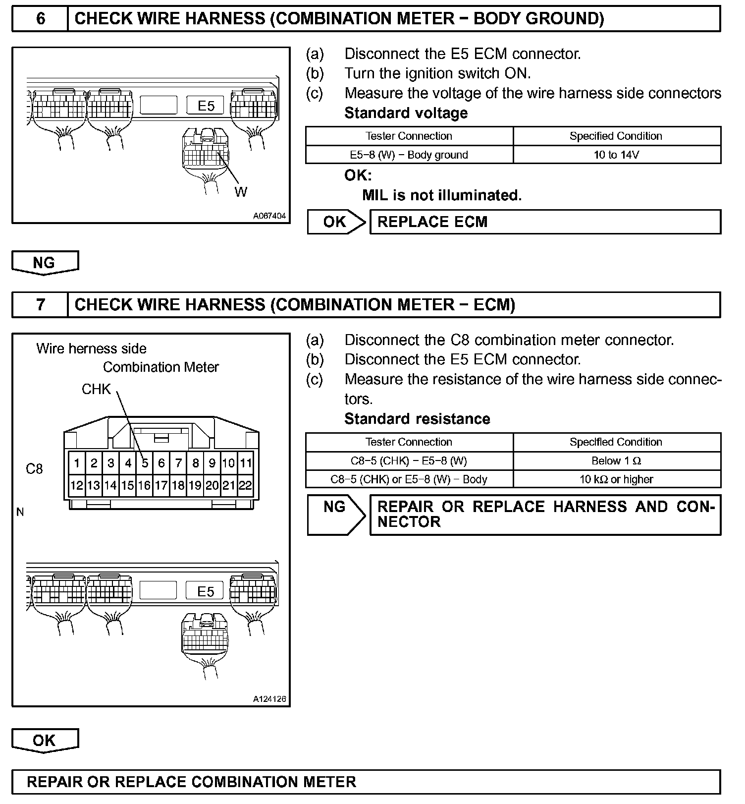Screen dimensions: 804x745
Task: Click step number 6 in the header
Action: point(41,19)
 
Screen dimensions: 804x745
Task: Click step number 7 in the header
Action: point(41,304)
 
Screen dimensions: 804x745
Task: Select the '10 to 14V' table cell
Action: point(617,155)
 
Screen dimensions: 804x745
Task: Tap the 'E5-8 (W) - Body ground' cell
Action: point(409,155)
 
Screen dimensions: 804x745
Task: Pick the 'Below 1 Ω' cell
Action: point(617,461)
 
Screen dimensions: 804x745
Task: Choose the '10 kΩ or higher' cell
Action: point(617,479)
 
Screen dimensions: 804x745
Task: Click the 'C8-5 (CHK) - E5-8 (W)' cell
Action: point(409,461)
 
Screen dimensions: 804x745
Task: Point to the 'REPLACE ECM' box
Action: point(545,222)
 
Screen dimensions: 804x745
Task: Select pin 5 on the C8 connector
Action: point(145,463)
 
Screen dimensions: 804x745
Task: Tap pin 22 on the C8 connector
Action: point(245,485)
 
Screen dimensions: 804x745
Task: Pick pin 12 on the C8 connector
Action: point(76,485)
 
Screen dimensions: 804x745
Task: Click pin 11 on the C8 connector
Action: point(246,463)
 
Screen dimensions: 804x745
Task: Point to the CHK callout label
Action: point(97,390)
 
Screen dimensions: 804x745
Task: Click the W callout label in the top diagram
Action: point(241,192)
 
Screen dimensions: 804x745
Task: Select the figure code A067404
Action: point(269,216)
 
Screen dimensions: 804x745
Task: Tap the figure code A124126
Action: point(269,699)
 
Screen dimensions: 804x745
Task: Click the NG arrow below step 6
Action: point(45,263)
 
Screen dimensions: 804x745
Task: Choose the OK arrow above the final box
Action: point(45,741)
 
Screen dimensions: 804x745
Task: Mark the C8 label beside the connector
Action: point(34,468)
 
